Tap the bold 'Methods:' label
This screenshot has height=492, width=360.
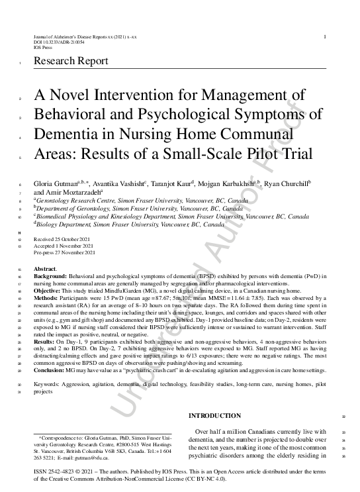click(47, 302)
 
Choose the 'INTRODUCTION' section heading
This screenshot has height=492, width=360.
click(215, 415)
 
